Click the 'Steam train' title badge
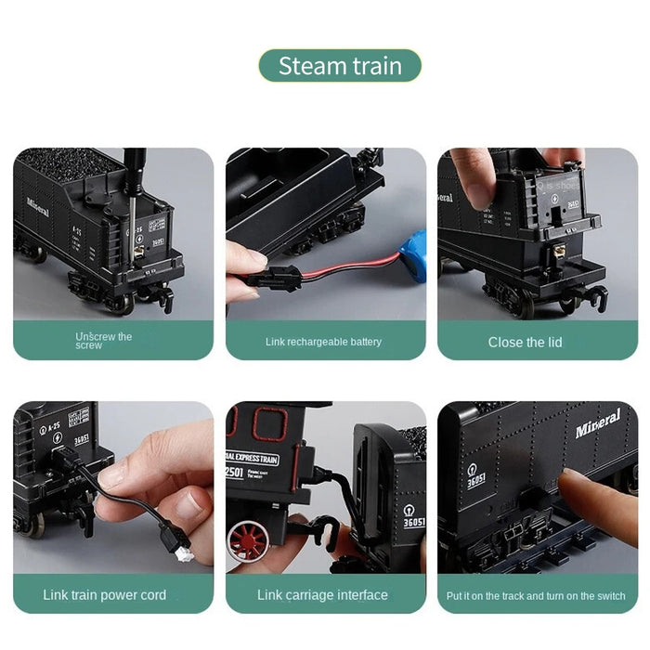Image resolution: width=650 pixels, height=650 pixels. pos(339,66)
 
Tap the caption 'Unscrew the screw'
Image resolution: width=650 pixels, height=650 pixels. pos(104,341)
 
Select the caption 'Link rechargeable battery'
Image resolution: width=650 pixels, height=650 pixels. pos(323,342)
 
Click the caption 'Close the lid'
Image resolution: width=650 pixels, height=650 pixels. pos(525,342)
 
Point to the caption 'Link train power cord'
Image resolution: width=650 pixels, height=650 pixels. pos(105,594)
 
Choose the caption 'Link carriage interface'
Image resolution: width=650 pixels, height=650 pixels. pos(322,594)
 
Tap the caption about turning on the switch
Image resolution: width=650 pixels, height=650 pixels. pos(537,596)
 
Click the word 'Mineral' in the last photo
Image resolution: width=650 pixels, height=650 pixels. pos(597,426)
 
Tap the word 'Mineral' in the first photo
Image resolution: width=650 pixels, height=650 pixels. pos(38,205)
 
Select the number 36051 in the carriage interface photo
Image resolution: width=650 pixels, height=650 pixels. pos(414,522)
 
